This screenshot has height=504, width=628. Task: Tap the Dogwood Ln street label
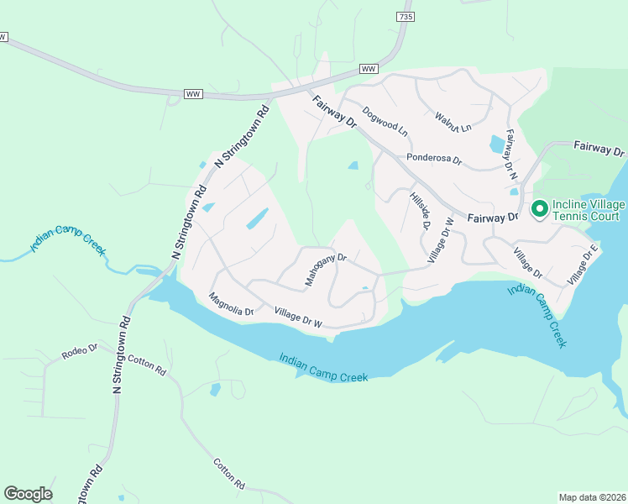[x=385, y=121]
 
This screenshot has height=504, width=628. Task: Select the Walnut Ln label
[x=453, y=122]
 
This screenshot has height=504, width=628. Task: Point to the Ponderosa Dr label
[x=433, y=158]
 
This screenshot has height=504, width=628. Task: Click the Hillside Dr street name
[x=420, y=211]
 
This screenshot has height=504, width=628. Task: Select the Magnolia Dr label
[x=231, y=304]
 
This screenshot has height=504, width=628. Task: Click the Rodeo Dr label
[x=80, y=351]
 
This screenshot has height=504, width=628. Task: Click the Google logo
[x=28, y=494]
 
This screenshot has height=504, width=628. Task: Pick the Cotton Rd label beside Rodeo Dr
[x=147, y=365]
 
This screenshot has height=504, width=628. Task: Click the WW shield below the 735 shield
[x=369, y=69]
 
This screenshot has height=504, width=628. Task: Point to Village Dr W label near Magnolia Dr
[x=300, y=318]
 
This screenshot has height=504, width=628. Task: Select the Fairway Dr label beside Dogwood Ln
[x=335, y=112]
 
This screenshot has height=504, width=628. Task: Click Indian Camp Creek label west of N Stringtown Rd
[x=69, y=232]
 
